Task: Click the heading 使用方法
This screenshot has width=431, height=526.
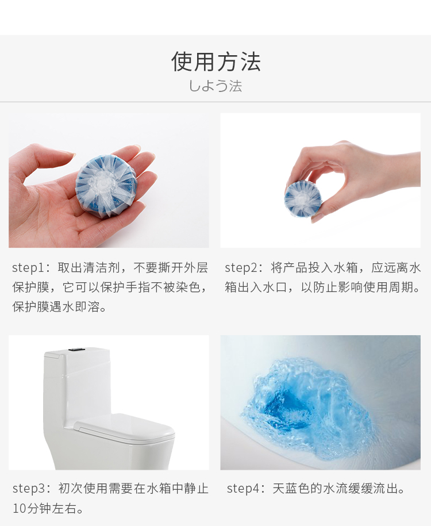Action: click(216, 62)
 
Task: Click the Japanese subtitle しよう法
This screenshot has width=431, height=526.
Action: click(215, 86)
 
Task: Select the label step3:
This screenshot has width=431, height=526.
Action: click(32, 489)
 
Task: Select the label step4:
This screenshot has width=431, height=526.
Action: click(247, 489)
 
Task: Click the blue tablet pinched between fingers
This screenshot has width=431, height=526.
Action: click(303, 198)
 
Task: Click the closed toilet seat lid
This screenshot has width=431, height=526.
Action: click(124, 427)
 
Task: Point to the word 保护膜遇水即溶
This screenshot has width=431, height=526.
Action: click(56, 307)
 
